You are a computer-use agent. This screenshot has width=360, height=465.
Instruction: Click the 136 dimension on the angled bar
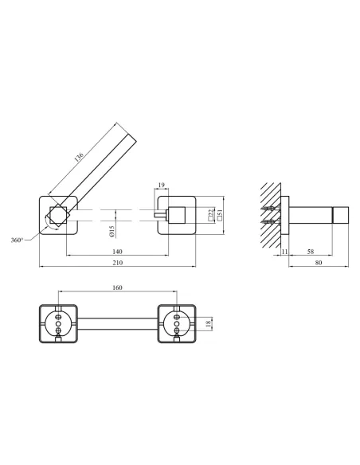(x=79, y=157)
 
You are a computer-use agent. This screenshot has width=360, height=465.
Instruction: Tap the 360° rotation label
(x=17, y=240)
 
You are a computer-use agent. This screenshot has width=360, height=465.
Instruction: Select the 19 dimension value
(x=161, y=186)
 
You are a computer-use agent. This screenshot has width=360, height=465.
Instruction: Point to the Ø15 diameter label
(x=112, y=232)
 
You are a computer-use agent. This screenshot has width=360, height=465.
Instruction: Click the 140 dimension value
(x=117, y=252)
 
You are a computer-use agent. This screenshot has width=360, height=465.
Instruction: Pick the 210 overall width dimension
(x=117, y=263)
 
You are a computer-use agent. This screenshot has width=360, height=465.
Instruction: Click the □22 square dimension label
(x=211, y=215)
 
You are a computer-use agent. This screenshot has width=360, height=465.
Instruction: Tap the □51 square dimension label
(x=220, y=215)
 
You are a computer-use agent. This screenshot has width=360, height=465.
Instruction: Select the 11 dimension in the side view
(x=284, y=252)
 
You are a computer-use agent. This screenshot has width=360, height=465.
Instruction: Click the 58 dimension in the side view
(x=310, y=252)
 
